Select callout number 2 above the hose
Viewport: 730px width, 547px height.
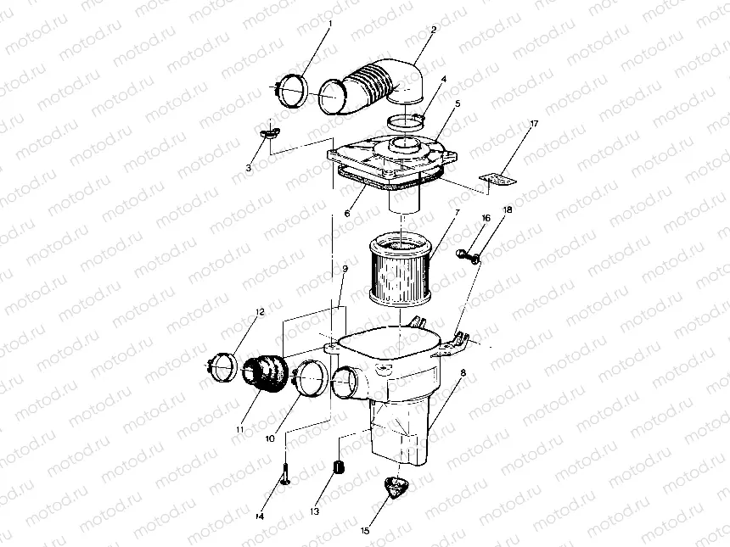pyautogui.click(x=434, y=30)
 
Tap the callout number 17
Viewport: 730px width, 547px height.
pyautogui.click(x=535, y=125)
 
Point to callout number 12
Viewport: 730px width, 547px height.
pyautogui.click(x=260, y=312)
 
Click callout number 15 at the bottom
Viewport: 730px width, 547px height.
pyautogui.click(x=365, y=532)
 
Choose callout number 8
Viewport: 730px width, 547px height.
pyautogui.click(x=463, y=372)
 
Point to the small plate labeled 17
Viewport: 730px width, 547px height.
pyautogui.click(x=497, y=178)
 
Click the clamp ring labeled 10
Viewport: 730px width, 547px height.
pyautogui.click(x=307, y=378)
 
